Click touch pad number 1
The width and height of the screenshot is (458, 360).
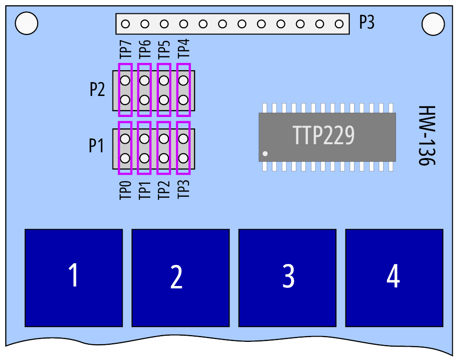point(73,278)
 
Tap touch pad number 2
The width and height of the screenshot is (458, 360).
point(180,278)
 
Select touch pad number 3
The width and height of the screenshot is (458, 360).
point(287,278)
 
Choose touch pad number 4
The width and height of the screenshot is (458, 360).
point(395,278)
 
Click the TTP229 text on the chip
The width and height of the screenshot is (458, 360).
point(323,135)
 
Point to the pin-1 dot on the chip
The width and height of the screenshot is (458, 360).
point(265,153)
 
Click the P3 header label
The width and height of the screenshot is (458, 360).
point(366,22)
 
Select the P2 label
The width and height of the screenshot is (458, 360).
point(97,89)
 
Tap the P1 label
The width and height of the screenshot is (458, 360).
point(96,145)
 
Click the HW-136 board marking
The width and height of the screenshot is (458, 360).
point(427,136)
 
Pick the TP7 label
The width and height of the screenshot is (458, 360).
point(125,49)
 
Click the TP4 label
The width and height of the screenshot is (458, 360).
point(184,49)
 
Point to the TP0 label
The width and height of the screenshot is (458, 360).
point(125,190)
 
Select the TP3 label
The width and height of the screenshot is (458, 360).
point(184,190)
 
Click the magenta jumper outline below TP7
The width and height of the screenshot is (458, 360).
point(119,90)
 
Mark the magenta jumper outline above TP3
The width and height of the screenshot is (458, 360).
point(177,148)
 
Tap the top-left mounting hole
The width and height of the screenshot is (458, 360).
point(26,23)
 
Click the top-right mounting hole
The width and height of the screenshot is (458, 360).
point(433,24)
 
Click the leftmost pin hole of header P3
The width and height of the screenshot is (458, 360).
point(125,24)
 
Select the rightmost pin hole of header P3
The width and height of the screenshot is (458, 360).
point(339,24)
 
